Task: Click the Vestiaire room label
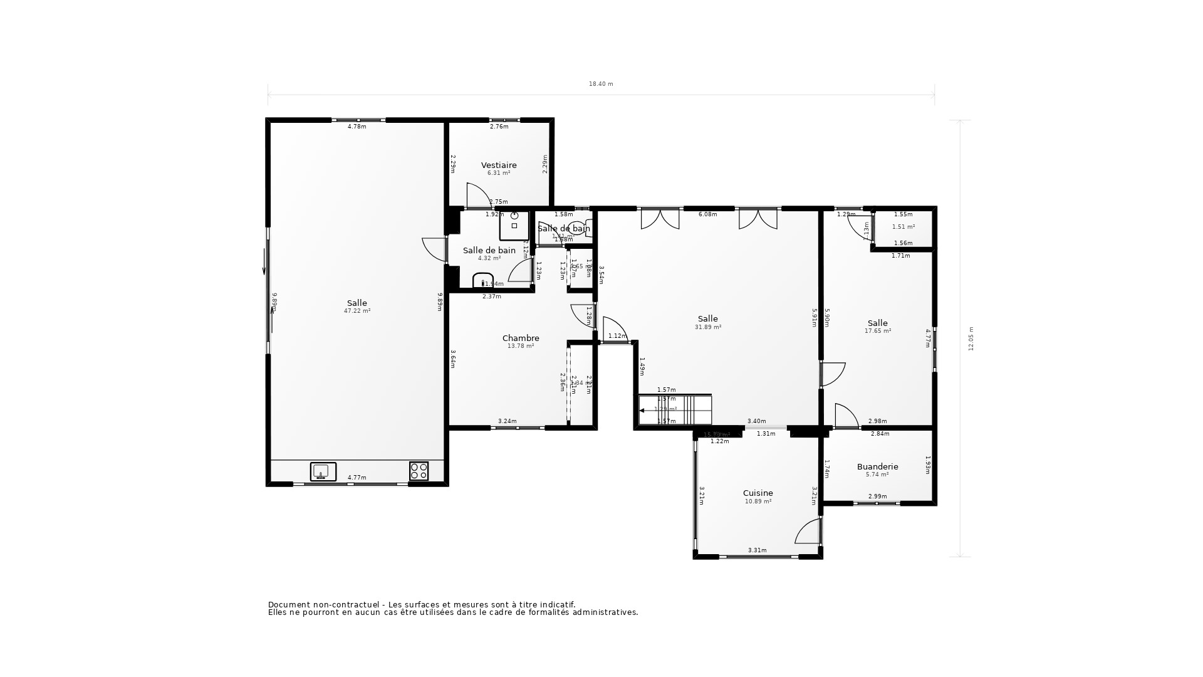click(499, 165)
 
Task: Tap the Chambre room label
click(521, 338)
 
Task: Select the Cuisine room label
click(758, 493)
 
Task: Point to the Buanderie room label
click(877, 467)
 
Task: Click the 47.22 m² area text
click(357, 311)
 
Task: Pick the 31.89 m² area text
click(707, 327)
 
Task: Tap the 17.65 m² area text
click(877, 331)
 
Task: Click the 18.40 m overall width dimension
click(600, 84)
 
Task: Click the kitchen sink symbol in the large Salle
click(323, 471)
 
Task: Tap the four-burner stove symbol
click(419, 471)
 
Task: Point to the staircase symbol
click(675, 410)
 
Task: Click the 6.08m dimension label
click(707, 214)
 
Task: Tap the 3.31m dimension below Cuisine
click(757, 550)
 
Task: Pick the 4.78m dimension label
click(357, 127)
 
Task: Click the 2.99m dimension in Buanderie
click(877, 496)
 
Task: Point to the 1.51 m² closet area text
click(903, 227)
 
